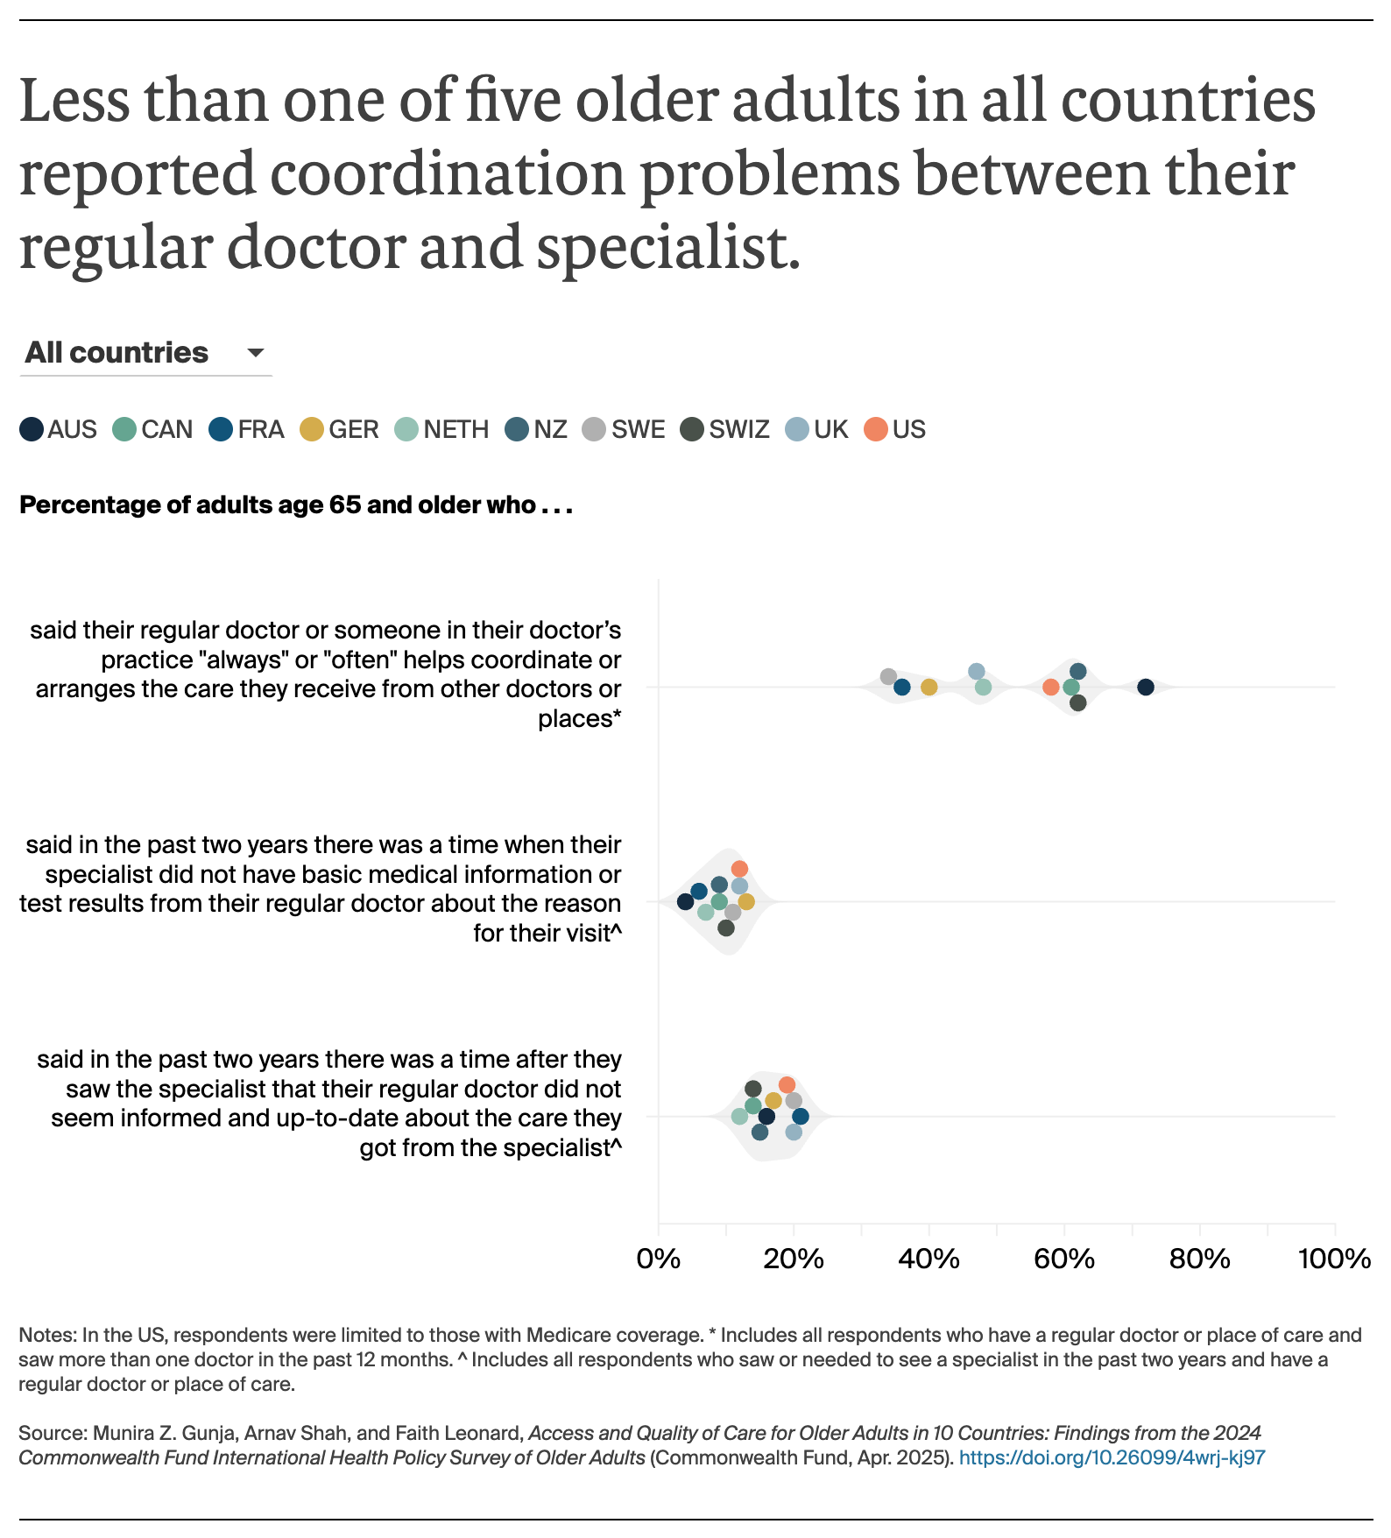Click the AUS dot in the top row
point(1145,688)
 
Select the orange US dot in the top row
point(1050,688)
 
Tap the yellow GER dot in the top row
point(929,688)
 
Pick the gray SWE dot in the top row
point(888,677)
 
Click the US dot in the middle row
point(739,869)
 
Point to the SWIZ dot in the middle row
point(726,928)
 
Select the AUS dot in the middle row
point(686,902)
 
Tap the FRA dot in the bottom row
point(800,1117)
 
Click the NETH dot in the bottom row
point(739,1117)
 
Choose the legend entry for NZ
point(536,430)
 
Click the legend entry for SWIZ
point(725,430)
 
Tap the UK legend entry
point(817,430)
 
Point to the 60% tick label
point(1064,1259)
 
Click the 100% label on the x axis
point(1334,1259)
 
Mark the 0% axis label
point(659,1259)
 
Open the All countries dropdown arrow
point(256,353)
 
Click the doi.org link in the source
point(1112,1457)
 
